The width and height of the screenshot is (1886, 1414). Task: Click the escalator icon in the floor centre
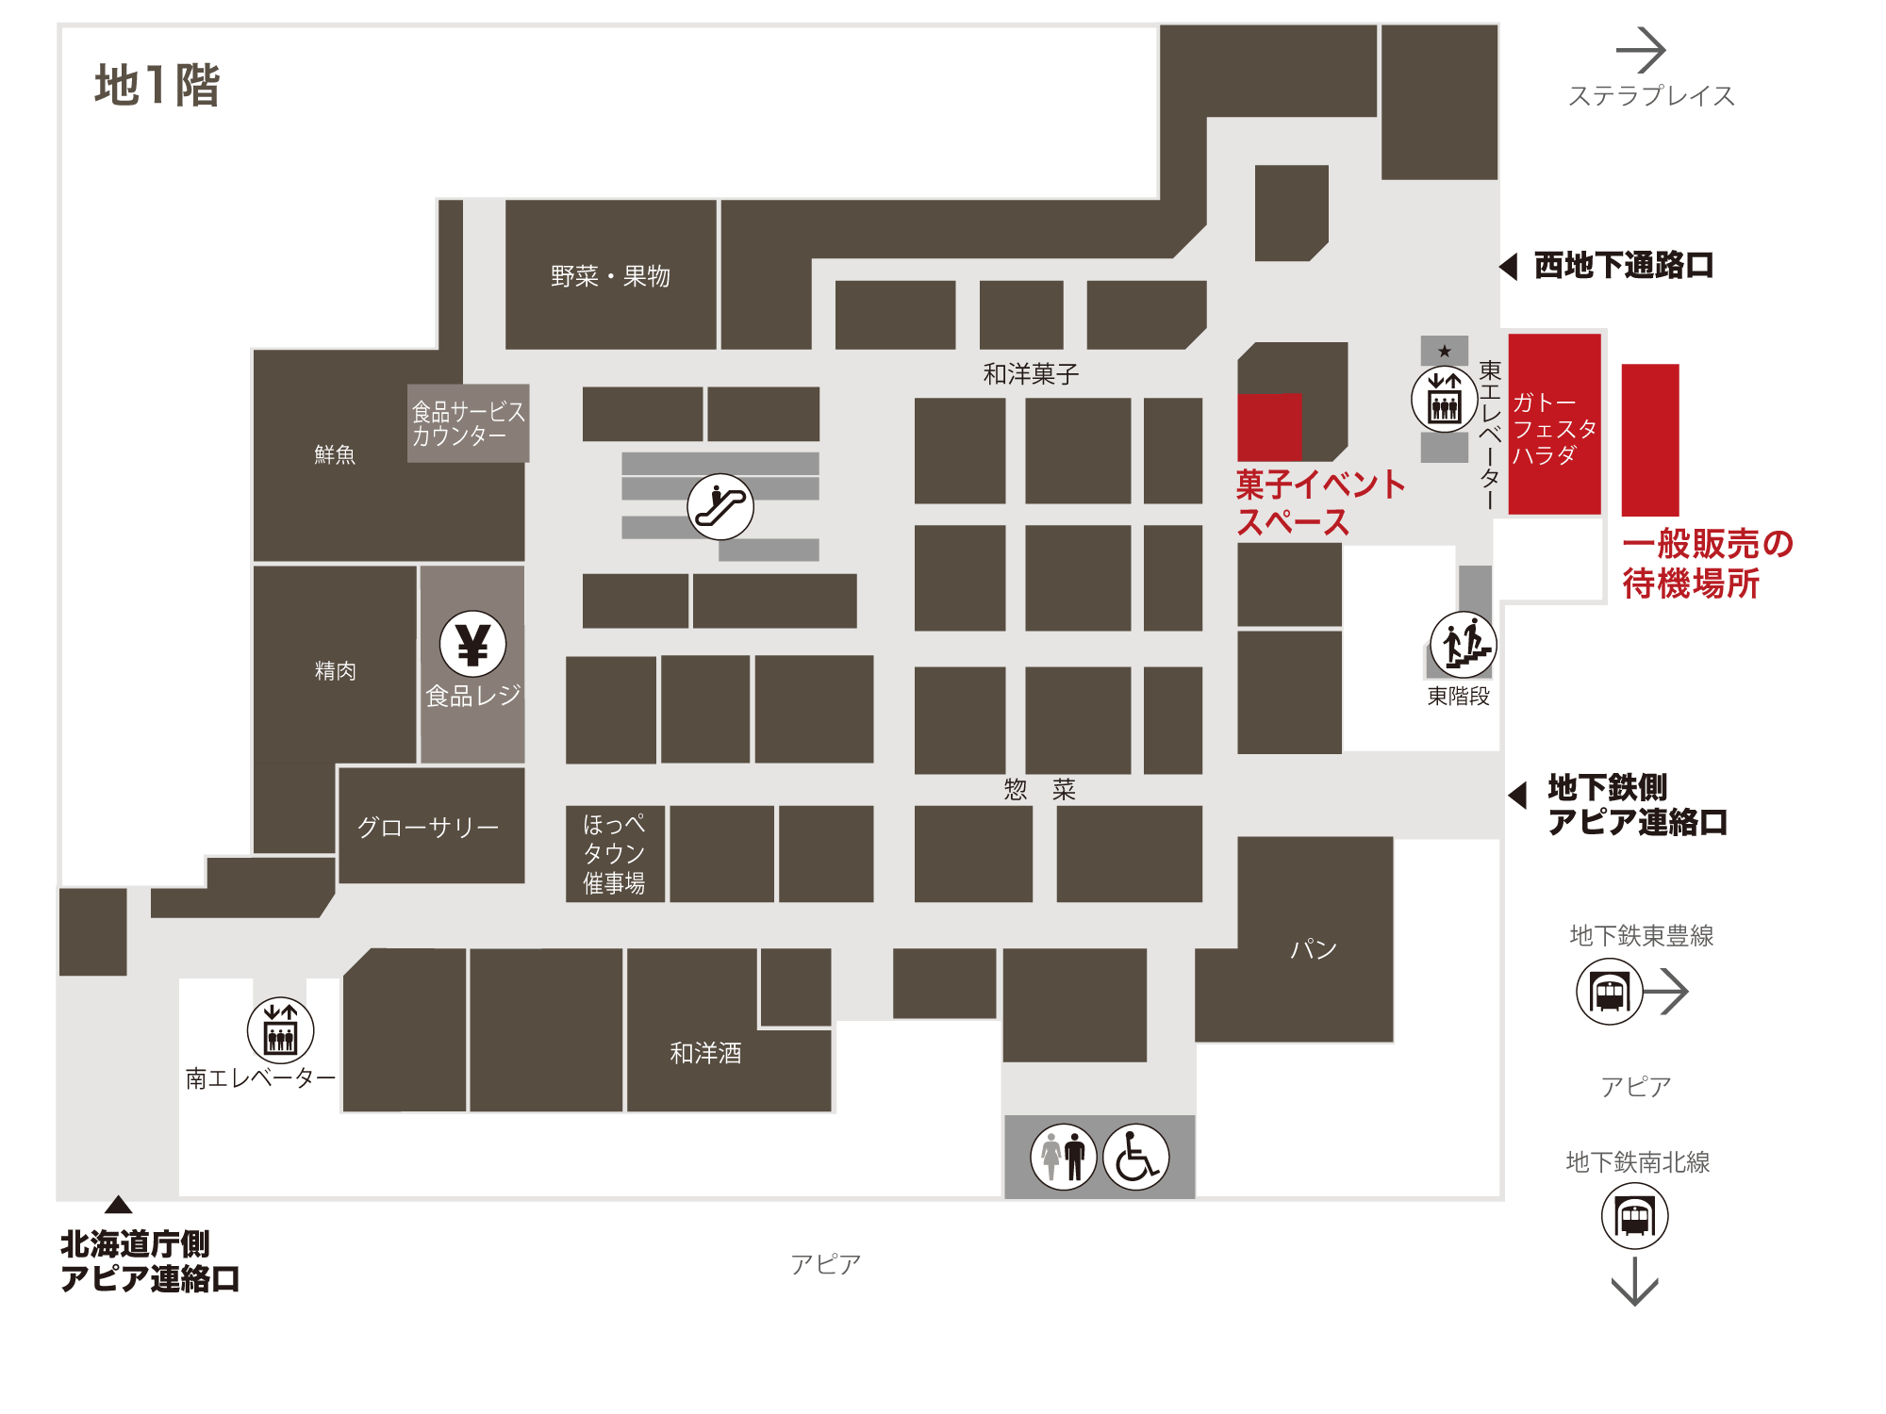720,506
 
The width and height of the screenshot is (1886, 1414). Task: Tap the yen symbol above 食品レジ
472,644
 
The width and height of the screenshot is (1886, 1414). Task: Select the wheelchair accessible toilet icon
1135,1157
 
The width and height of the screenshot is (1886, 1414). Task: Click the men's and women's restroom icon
1064,1157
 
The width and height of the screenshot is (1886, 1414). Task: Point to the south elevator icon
280,1030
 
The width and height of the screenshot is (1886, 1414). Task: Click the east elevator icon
1445,399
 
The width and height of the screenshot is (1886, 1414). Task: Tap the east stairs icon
1464,645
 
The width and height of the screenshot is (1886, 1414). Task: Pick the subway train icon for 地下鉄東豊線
1610,992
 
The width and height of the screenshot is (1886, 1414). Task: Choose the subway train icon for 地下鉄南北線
1634,1216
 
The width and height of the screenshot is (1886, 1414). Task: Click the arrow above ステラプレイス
1641,50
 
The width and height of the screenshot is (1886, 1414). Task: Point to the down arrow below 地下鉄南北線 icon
1634,1281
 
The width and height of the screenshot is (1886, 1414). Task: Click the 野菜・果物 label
610,276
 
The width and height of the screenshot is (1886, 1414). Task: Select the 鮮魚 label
335,454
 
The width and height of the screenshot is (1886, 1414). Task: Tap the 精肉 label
335,670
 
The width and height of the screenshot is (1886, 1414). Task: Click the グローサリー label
428,827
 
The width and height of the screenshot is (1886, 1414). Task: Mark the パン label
1314,948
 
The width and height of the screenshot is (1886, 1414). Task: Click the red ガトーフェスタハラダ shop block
1554,424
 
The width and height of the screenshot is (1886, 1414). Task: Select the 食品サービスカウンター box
468,423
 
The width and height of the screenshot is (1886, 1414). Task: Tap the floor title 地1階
157,86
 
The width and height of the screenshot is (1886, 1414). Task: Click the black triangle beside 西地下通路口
1508,267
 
